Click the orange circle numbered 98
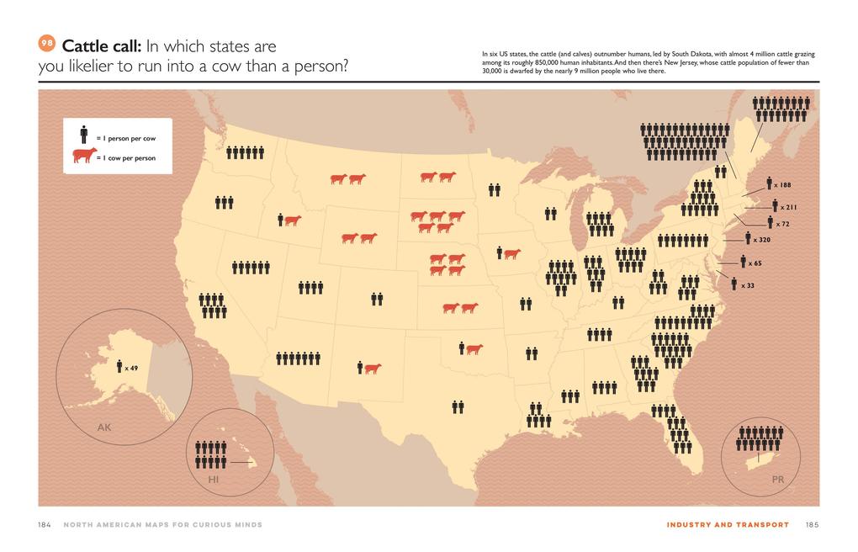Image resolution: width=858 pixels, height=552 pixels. click(48, 45)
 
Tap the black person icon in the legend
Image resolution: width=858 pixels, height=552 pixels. click(84, 135)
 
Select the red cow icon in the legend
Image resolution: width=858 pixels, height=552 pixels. click(84, 156)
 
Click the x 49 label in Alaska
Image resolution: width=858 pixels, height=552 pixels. click(130, 368)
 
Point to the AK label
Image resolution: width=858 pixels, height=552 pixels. click(103, 427)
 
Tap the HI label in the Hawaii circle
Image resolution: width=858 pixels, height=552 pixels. click(213, 479)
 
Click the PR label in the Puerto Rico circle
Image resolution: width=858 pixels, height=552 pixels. click(777, 479)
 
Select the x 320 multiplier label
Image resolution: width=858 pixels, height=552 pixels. click(761, 240)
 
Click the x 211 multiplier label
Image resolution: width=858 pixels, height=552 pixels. click(788, 207)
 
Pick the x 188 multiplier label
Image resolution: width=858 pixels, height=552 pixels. click(782, 185)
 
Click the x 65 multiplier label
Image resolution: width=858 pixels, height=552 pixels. click(755, 263)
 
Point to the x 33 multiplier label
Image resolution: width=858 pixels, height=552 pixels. click(747, 285)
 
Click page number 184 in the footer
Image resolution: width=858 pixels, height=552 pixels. click(45, 525)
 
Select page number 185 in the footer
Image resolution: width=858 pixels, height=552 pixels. click(812, 525)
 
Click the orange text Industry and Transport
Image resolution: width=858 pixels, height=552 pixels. click(728, 525)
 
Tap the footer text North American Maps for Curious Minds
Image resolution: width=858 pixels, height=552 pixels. click(162, 525)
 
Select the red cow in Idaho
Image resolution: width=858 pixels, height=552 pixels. click(292, 220)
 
